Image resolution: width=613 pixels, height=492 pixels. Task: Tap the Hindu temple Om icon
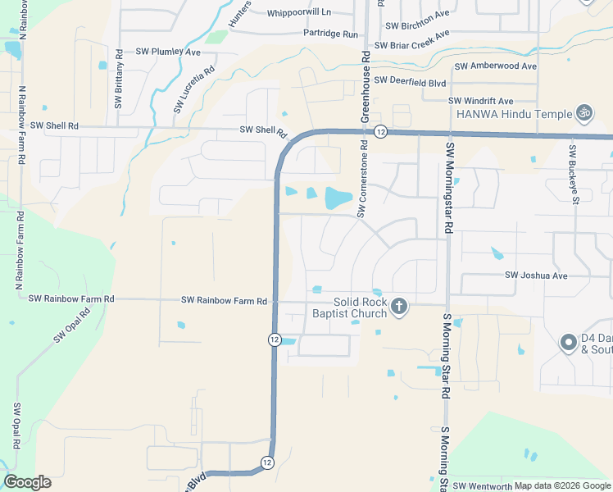click(x=584, y=112)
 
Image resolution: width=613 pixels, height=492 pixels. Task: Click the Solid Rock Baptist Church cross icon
click(x=399, y=307)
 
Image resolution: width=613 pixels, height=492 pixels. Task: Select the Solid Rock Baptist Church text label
click(x=349, y=307)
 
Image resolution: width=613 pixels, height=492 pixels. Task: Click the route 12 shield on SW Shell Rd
click(x=380, y=131)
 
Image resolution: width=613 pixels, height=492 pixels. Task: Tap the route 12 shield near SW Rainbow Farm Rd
click(x=275, y=339)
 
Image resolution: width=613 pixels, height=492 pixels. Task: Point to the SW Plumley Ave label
click(x=168, y=51)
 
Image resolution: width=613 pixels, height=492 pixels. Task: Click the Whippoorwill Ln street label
click(x=299, y=12)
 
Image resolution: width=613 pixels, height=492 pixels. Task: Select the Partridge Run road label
click(x=331, y=34)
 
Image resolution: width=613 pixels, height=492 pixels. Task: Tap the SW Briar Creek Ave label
click(x=412, y=40)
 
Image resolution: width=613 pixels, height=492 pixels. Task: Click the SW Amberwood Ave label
click(x=495, y=66)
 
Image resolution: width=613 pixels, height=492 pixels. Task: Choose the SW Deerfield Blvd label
click(x=410, y=81)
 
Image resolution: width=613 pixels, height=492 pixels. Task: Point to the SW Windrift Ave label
click(x=481, y=100)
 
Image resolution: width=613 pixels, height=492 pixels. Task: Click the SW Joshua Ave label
click(x=536, y=276)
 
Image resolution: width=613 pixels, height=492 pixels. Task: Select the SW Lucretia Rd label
click(x=182, y=89)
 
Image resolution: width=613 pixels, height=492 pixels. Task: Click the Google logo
click(x=27, y=482)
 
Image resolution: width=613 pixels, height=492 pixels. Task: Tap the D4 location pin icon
click(x=568, y=343)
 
